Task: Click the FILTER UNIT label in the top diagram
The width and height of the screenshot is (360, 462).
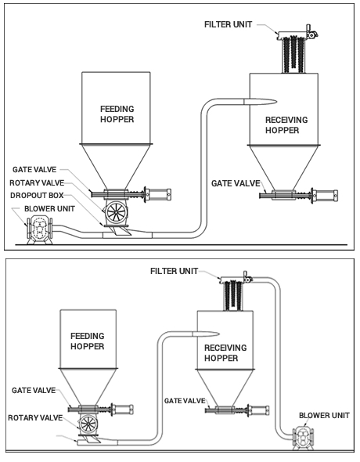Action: click(228, 24)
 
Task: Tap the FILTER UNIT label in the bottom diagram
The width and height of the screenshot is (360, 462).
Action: click(174, 271)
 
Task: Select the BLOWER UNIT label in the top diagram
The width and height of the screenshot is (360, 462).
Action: click(49, 209)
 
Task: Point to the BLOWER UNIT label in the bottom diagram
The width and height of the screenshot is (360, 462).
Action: click(324, 416)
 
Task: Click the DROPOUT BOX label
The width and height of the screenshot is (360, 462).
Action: click(37, 196)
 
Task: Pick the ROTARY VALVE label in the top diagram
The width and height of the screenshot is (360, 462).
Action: click(37, 183)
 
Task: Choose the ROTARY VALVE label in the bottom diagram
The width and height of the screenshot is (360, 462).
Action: click(35, 418)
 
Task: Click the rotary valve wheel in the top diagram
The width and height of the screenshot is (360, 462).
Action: click(116, 212)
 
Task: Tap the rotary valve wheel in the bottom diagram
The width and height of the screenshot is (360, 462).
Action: click(88, 424)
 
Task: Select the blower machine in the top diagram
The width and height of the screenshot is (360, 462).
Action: click(39, 230)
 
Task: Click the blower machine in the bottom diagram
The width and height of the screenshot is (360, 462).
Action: click(303, 439)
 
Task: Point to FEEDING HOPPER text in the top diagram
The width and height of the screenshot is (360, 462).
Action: click(117, 114)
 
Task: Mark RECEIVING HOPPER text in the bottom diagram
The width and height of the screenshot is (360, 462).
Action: click(225, 353)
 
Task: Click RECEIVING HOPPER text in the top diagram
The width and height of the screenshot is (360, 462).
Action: click(286, 125)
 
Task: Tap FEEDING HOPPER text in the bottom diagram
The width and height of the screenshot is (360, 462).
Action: click(88, 341)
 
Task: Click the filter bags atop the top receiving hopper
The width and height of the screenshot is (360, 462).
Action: click(293, 54)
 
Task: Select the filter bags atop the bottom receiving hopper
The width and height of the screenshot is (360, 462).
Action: click(233, 295)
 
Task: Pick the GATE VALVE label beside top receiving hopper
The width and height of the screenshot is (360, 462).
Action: click(236, 183)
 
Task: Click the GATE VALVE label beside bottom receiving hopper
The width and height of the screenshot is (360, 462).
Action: click(185, 401)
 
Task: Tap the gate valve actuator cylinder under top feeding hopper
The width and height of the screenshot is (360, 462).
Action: click(158, 194)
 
